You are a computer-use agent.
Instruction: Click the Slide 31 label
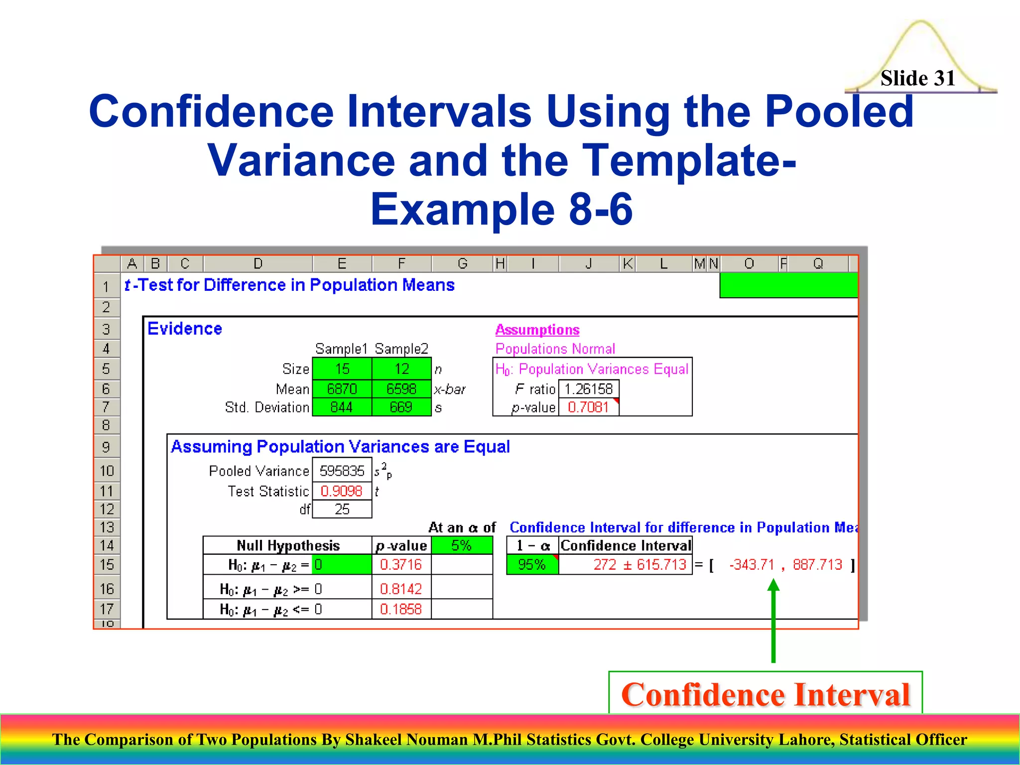point(917,78)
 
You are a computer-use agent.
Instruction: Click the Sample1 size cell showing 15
point(342,369)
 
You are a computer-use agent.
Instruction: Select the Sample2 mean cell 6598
point(401,388)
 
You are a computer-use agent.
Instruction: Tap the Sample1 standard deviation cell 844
point(342,407)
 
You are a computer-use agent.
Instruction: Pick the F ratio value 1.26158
point(588,388)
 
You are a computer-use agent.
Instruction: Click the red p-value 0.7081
point(588,407)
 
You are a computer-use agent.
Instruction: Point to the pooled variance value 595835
point(342,471)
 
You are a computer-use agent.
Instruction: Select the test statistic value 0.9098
point(342,491)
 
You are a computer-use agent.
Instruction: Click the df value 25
point(342,509)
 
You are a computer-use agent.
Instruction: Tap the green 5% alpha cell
point(462,545)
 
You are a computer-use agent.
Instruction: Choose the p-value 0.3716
point(401,564)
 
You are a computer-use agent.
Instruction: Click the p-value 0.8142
point(401,589)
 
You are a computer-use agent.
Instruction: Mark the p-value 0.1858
point(401,609)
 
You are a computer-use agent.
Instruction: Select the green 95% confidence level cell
point(532,564)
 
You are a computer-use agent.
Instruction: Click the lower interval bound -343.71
point(752,564)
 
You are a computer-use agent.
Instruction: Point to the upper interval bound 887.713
point(817,564)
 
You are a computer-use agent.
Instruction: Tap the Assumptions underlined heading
point(537,330)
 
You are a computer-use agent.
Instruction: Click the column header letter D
point(257,263)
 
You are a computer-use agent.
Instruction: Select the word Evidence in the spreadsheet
point(185,329)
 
